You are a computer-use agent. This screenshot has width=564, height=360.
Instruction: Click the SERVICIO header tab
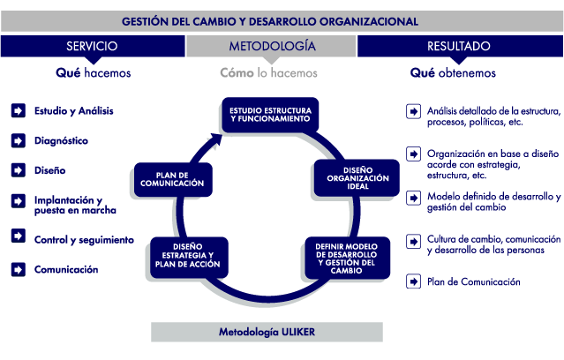pyautogui.click(x=93, y=46)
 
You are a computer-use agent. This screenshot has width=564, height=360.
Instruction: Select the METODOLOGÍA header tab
pyautogui.click(x=271, y=46)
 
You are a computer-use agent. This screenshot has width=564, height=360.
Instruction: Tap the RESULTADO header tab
pyautogui.click(x=460, y=46)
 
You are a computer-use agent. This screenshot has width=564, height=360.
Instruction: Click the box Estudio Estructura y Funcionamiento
pyautogui.click(x=270, y=115)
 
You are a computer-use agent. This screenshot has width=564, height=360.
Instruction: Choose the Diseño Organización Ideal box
pyautogui.click(x=357, y=178)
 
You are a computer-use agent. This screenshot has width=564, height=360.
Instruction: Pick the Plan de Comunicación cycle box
pyautogui.click(x=173, y=179)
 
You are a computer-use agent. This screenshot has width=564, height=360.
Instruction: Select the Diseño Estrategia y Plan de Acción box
pyautogui.click(x=189, y=257)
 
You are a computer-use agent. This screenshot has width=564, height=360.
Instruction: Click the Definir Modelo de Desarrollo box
pyautogui.click(x=347, y=258)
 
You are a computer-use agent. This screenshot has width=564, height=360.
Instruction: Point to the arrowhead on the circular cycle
pyautogui.click(x=216, y=139)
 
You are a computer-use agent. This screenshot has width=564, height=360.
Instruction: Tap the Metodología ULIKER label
pyautogui.click(x=267, y=332)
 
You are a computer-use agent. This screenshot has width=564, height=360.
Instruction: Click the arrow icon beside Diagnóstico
pyautogui.click(x=19, y=140)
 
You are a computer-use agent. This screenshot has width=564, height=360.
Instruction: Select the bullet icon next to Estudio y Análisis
pyautogui.click(x=19, y=111)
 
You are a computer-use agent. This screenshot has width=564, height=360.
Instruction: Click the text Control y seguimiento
pyautogui.click(x=84, y=240)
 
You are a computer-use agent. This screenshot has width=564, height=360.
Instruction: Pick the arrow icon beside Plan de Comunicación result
pyautogui.click(x=413, y=281)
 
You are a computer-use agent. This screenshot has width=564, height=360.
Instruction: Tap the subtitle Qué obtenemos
pyautogui.click(x=453, y=73)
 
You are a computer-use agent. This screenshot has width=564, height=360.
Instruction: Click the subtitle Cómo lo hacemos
pyautogui.click(x=268, y=73)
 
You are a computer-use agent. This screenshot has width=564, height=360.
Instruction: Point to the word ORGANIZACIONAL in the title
pyautogui.click(x=369, y=21)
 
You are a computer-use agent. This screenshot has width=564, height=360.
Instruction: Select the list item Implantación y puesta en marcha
pyautogui.click(x=75, y=205)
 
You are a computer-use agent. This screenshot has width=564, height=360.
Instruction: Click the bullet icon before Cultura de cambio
pyautogui.click(x=413, y=241)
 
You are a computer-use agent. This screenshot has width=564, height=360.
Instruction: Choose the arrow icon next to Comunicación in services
pyautogui.click(x=19, y=269)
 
